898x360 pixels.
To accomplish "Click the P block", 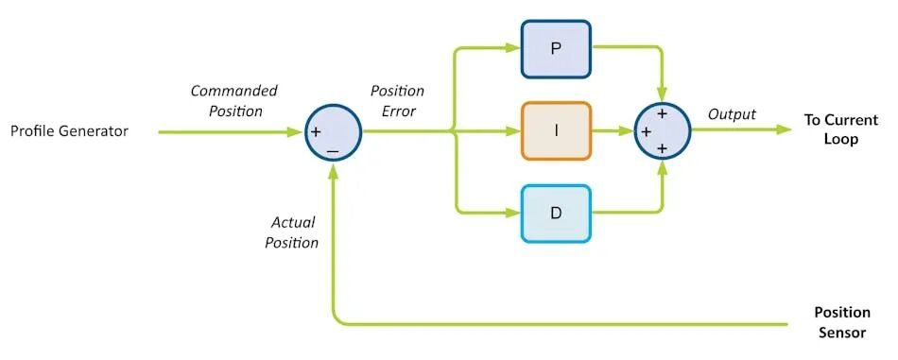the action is (556, 49).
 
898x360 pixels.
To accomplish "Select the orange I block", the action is (556, 131).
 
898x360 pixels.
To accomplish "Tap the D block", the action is (556, 214).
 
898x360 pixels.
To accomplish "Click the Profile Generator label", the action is (69, 131).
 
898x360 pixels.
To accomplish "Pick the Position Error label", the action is (397, 101).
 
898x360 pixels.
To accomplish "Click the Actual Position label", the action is (291, 232).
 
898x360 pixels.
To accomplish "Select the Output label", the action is (732, 114).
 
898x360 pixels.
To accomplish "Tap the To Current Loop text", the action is (840, 129).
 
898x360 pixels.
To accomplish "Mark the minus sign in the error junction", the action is (332, 152).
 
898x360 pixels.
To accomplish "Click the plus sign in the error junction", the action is (316, 131).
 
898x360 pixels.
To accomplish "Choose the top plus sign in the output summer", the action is (662, 113).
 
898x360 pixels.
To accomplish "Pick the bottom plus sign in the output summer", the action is (662, 148).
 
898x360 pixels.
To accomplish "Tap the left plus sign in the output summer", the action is (646, 131).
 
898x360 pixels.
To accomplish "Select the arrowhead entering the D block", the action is (512, 214).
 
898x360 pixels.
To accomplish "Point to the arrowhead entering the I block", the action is (512, 131).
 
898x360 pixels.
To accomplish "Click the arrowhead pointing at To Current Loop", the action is (784, 129).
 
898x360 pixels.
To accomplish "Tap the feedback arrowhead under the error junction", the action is (333, 169).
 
